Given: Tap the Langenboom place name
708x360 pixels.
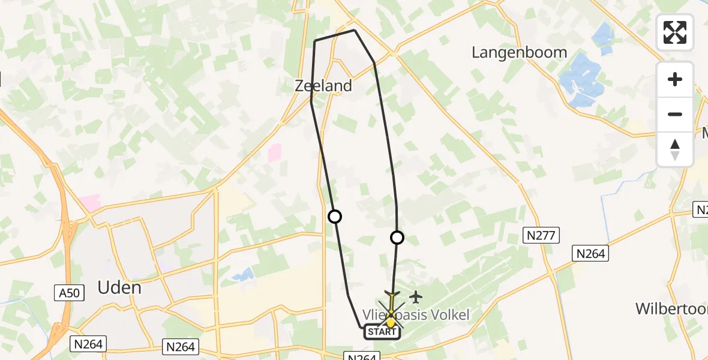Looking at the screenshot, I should tap(519, 52).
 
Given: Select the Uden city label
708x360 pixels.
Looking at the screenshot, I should tap(119, 287).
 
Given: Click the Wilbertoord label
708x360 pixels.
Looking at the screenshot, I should tap(672, 308).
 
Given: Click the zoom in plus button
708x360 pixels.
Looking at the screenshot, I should tap(675, 79).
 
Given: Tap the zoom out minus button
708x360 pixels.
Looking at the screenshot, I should tap(675, 114).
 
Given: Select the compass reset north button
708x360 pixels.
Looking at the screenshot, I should tap(675, 149).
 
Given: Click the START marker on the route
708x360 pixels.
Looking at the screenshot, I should tap(382, 332).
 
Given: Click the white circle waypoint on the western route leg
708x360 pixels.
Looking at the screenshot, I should tap(335, 217).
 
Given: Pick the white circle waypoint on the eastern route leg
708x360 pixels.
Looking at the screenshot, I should tap(397, 238).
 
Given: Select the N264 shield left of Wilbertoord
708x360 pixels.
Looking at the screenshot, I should tap(590, 254).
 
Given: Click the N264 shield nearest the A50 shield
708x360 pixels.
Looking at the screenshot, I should tap(89, 344).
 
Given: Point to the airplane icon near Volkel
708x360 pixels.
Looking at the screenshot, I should tap(415, 297).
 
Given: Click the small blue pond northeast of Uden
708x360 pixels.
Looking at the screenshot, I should tap(243, 275).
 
